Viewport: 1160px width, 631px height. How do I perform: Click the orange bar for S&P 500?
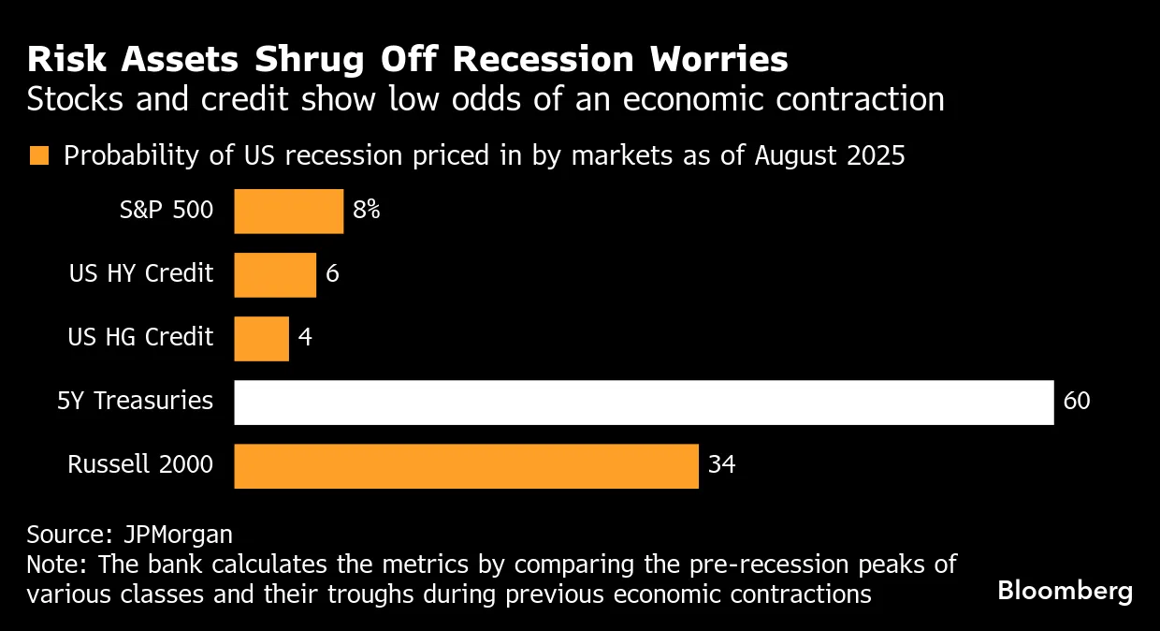(288, 211)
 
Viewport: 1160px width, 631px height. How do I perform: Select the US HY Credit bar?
(274, 274)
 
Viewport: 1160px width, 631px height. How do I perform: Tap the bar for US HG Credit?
(261, 338)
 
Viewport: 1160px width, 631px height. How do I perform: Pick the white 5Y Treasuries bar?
(644, 402)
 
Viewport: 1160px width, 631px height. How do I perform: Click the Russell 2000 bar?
(466, 465)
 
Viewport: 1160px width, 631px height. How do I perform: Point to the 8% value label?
(366, 210)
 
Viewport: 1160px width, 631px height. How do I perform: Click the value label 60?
(1077, 402)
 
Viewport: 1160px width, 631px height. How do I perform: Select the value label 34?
(721, 464)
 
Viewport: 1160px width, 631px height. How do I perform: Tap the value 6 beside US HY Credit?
(333, 273)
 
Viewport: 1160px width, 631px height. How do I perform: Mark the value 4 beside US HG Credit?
(305, 337)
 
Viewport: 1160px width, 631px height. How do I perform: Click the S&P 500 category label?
(167, 210)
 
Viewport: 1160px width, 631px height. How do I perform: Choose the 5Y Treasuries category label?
(135, 401)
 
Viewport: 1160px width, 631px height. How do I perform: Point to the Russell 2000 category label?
(140, 464)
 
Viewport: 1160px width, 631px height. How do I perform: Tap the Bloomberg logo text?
(1065, 592)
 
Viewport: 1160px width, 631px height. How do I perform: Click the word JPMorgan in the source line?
(178, 535)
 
